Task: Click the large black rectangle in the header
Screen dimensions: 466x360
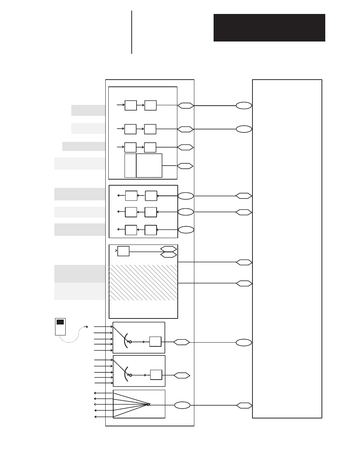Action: coord(269,28)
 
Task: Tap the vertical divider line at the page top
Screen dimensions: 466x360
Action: coord(132,32)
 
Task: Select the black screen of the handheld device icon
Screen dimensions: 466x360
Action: coord(60,322)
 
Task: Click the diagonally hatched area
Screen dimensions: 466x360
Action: coord(143,282)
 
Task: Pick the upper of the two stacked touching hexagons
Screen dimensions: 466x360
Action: coord(168,249)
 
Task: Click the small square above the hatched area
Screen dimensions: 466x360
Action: coord(123,251)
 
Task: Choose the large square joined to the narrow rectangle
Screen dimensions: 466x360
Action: coord(149,165)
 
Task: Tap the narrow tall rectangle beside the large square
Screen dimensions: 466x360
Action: coord(130,165)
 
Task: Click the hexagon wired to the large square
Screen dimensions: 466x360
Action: coord(185,166)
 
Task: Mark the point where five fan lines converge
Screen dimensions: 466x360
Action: coord(148,404)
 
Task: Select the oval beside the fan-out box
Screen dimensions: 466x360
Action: coord(182,405)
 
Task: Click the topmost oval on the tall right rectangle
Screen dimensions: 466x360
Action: coord(244,106)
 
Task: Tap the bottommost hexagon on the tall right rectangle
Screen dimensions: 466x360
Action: coord(244,405)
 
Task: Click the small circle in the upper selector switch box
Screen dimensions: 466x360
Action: coord(131,342)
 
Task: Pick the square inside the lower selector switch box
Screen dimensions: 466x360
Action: coord(156,375)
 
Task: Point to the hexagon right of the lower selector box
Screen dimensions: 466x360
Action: coord(182,375)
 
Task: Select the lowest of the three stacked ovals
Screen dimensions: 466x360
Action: coord(186,229)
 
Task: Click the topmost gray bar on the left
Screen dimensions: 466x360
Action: coord(88,110)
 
